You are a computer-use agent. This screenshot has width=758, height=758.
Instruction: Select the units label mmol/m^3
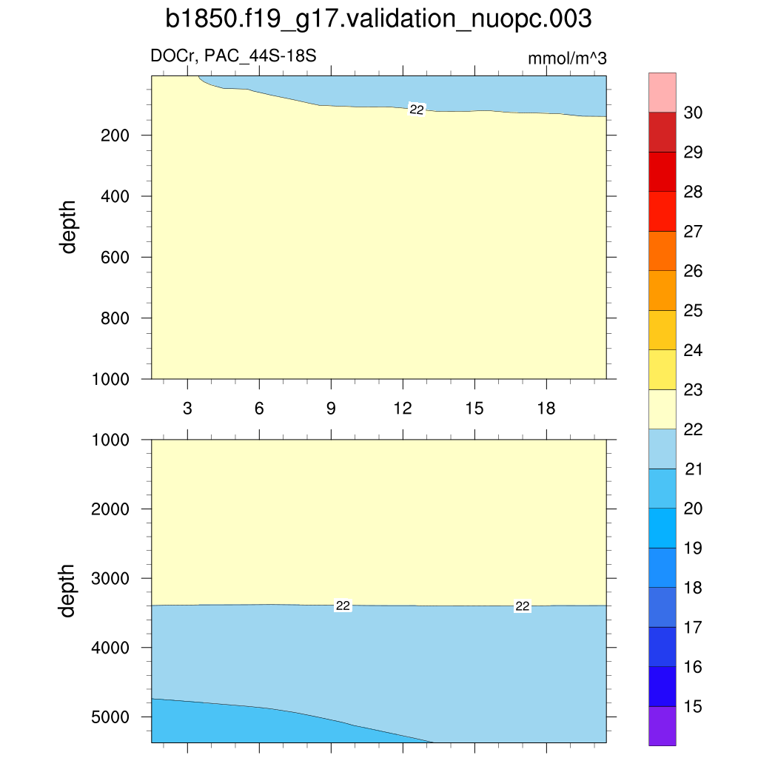[567, 58]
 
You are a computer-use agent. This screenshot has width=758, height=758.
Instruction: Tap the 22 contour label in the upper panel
[417, 110]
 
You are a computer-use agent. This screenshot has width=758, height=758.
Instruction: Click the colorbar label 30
[694, 113]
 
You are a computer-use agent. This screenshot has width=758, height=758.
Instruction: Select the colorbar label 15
[694, 707]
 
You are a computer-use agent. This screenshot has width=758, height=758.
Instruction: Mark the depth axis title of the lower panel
[69, 590]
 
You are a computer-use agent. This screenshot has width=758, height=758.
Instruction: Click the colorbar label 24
[694, 350]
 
